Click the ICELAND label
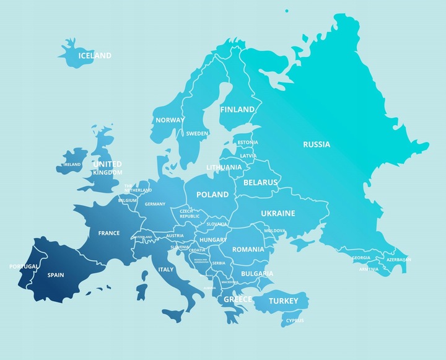click(95, 56)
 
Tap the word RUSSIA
click(317, 144)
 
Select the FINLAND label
click(237, 110)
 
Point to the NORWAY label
click(169, 120)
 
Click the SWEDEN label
click(197, 133)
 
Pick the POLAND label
click(212, 195)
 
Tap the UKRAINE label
click(278, 213)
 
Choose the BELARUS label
click(261, 183)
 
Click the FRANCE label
click(109, 234)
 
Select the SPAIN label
click(56, 274)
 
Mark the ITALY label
click(166, 270)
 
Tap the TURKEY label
click(284, 301)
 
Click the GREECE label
click(238, 299)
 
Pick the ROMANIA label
click(248, 249)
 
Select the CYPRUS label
click(295, 321)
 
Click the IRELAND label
click(72, 165)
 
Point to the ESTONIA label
click(248, 143)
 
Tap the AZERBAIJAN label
click(398, 260)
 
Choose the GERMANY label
click(155, 204)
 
